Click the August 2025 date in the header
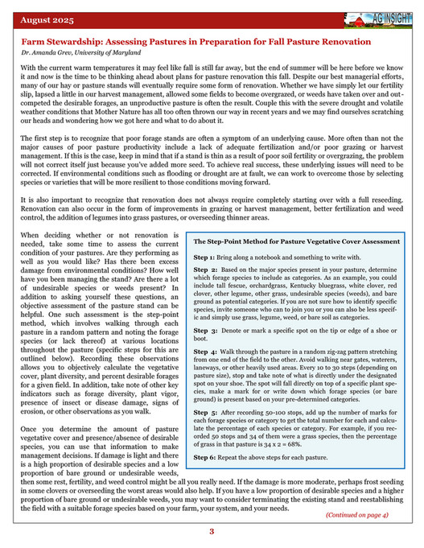[x=47, y=16]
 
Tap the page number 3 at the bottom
[x=212, y=531]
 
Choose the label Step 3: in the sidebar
[x=207, y=331]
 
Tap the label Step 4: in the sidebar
[x=207, y=352]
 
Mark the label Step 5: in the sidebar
[x=207, y=412]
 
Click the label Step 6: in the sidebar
[x=207, y=457]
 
